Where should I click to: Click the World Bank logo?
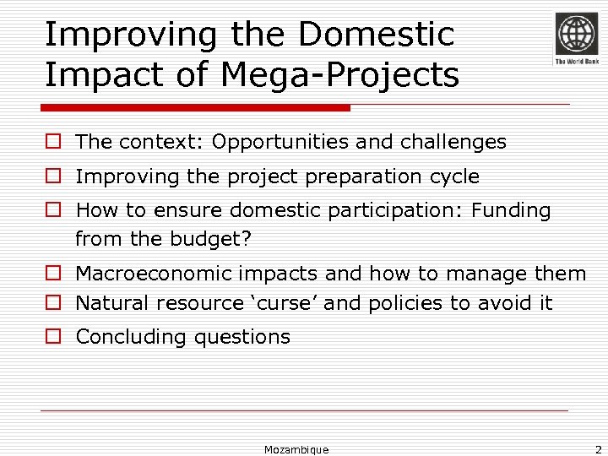(x=576, y=38)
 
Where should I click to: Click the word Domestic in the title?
(x=376, y=35)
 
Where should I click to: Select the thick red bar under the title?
(x=195, y=108)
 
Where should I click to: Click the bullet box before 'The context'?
(x=52, y=142)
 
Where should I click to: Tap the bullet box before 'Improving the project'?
(x=52, y=176)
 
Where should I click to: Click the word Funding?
(x=511, y=210)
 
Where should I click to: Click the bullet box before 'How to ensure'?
(x=52, y=210)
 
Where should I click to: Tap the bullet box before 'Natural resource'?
(x=52, y=302)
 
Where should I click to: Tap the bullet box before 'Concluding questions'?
(x=52, y=337)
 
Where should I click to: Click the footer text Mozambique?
(x=296, y=449)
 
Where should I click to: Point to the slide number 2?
(x=597, y=449)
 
